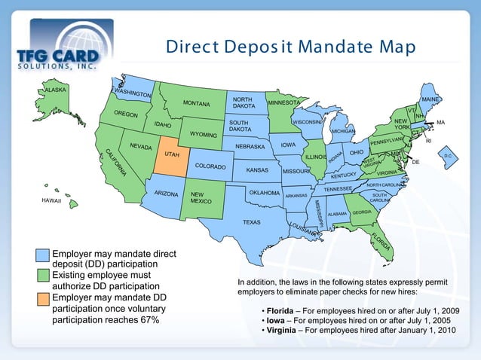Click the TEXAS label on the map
pos(252,222)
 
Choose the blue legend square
pos(43,254)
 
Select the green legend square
pos(43,276)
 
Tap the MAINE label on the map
pos(430,99)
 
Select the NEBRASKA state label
pos(250,146)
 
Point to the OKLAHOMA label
pos(264,193)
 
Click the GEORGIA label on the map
pos(361,212)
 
